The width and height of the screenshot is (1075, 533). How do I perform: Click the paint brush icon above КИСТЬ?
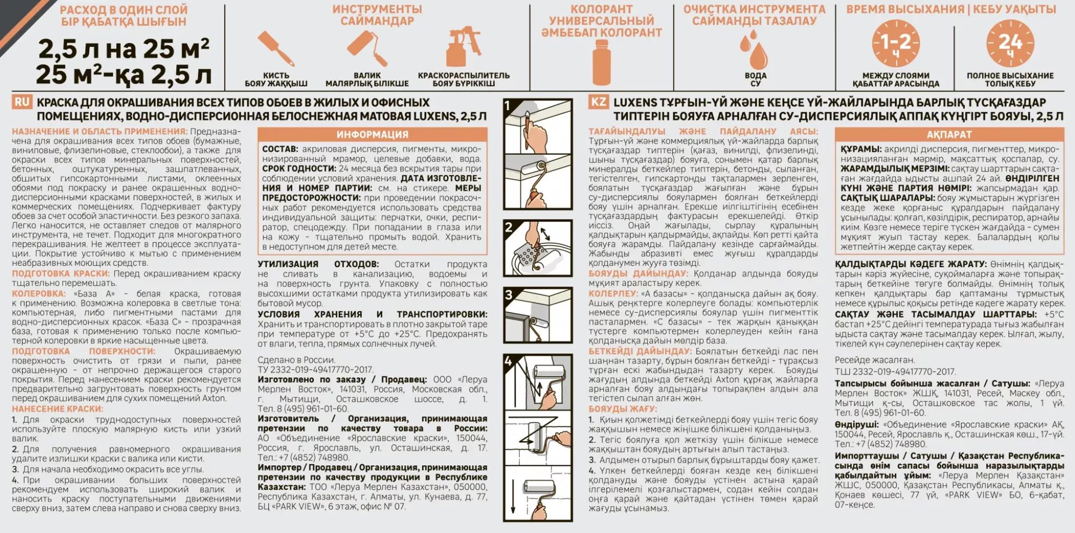(276, 48)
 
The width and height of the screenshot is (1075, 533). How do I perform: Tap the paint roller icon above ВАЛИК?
(367, 48)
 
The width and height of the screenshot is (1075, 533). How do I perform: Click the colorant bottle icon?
(601, 62)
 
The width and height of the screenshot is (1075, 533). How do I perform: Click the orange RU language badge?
(22, 102)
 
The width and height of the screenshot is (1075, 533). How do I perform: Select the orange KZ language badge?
(598, 102)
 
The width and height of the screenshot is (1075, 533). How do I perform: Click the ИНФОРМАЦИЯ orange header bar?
(372, 134)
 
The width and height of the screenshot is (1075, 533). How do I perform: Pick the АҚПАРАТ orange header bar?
(949, 134)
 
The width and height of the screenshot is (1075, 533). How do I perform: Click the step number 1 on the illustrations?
(508, 105)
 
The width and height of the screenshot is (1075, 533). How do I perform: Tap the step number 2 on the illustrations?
(508, 227)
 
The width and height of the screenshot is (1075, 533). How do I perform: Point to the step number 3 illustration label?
(508, 294)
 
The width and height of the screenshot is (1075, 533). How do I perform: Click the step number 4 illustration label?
(508, 361)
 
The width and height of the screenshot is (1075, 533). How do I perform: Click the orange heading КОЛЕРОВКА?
(39, 294)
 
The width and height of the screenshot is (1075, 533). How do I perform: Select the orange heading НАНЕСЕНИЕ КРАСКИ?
(58, 409)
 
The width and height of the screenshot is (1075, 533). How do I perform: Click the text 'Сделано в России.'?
(296, 360)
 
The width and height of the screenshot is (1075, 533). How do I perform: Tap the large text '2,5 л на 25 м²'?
(124, 49)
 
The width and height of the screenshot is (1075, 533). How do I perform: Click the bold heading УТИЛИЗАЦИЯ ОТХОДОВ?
(318, 264)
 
